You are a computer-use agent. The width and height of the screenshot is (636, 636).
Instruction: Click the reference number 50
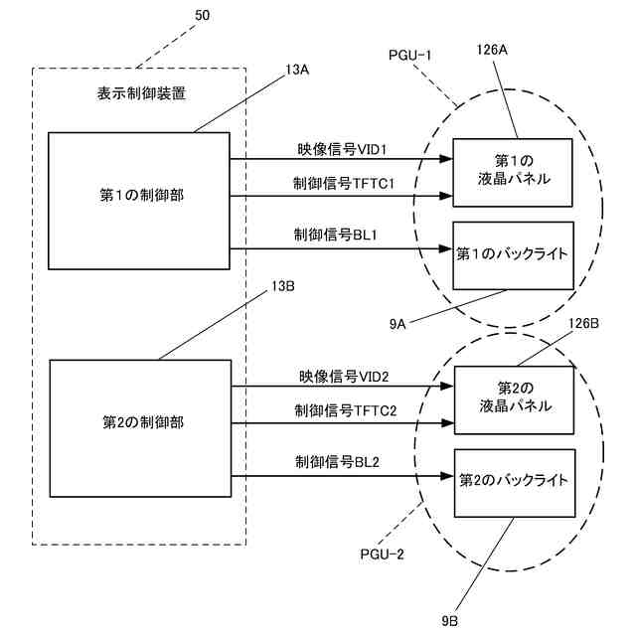pos(203,16)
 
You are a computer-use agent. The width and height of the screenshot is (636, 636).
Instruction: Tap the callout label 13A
pos(296,70)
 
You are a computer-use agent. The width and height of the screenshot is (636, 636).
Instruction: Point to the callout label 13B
pos(282,286)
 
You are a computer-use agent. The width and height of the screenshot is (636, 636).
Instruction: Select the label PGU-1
pos(409,56)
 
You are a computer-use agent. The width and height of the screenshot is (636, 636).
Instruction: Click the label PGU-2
pos(382,555)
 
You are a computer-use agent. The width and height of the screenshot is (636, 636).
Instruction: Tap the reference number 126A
pos(492,50)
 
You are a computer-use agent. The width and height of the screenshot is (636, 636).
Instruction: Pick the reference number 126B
pos(583,323)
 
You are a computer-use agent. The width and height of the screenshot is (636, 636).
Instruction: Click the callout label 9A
pos(397,324)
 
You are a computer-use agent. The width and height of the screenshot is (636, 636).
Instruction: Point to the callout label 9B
pos(450,621)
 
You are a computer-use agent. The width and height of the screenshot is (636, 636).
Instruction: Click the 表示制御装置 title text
pos(141,93)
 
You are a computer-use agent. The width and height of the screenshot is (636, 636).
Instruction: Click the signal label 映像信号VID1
pos(342,150)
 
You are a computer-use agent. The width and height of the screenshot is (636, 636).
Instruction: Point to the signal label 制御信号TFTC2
pos(346,410)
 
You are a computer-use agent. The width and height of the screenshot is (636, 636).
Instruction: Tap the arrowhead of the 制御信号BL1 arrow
pos(446,248)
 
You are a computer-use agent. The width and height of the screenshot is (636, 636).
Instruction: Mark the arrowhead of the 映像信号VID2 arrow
pos(448,387)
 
